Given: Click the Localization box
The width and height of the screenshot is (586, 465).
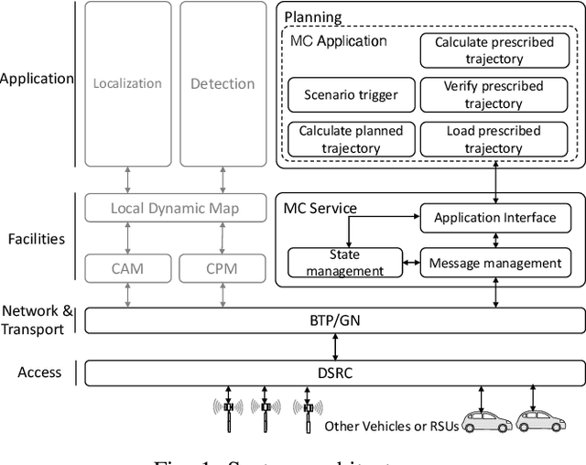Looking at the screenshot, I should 127,84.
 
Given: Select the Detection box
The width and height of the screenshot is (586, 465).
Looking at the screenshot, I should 222,84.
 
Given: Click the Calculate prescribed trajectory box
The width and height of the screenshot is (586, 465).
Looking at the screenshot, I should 493,50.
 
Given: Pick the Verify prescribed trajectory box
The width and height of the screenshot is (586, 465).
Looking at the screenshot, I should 493,94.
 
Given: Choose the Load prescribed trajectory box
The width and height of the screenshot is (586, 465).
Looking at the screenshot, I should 493,138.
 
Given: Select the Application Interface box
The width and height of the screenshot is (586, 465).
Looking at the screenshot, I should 494,217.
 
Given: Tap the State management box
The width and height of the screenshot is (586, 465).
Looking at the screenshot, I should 344,263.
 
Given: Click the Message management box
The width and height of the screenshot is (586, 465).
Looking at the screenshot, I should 494,263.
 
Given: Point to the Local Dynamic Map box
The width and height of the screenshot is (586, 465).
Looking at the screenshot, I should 175,208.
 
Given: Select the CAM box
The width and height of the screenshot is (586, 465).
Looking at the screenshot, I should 127,268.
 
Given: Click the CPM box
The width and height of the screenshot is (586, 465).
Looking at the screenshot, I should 222,268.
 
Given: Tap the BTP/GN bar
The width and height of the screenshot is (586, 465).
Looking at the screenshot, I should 334,321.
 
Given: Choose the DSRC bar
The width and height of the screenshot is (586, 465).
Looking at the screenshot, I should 334,373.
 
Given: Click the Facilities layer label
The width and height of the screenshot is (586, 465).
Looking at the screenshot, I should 37,239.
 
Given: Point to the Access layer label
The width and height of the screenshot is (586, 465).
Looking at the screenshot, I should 39,372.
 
